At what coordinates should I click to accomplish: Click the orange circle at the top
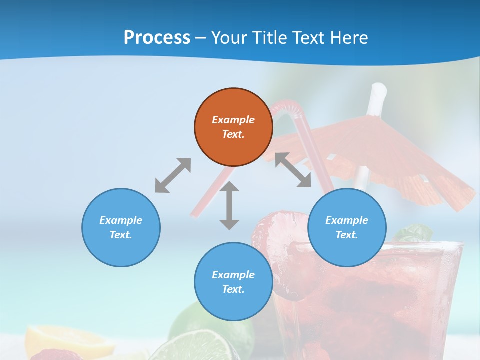tap(233, 127)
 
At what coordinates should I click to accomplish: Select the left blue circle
tap(121, 227)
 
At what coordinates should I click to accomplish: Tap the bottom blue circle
tap(233, 282)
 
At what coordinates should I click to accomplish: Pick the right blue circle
tap(347, 227)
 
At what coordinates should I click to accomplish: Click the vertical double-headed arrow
tap(229, 205)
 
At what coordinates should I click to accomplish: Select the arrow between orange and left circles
tap(173, 175)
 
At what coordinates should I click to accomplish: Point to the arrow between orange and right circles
tap(293, 170)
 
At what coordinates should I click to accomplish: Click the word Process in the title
tap(157, 38)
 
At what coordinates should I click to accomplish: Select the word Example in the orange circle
tap(233, 120)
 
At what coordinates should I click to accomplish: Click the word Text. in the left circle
tap(121, 235)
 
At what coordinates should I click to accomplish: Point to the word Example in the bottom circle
tap(233, 275)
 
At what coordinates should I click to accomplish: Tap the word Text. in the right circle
tap(347, 235)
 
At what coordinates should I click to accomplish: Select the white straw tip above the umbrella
tap(378, 92)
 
